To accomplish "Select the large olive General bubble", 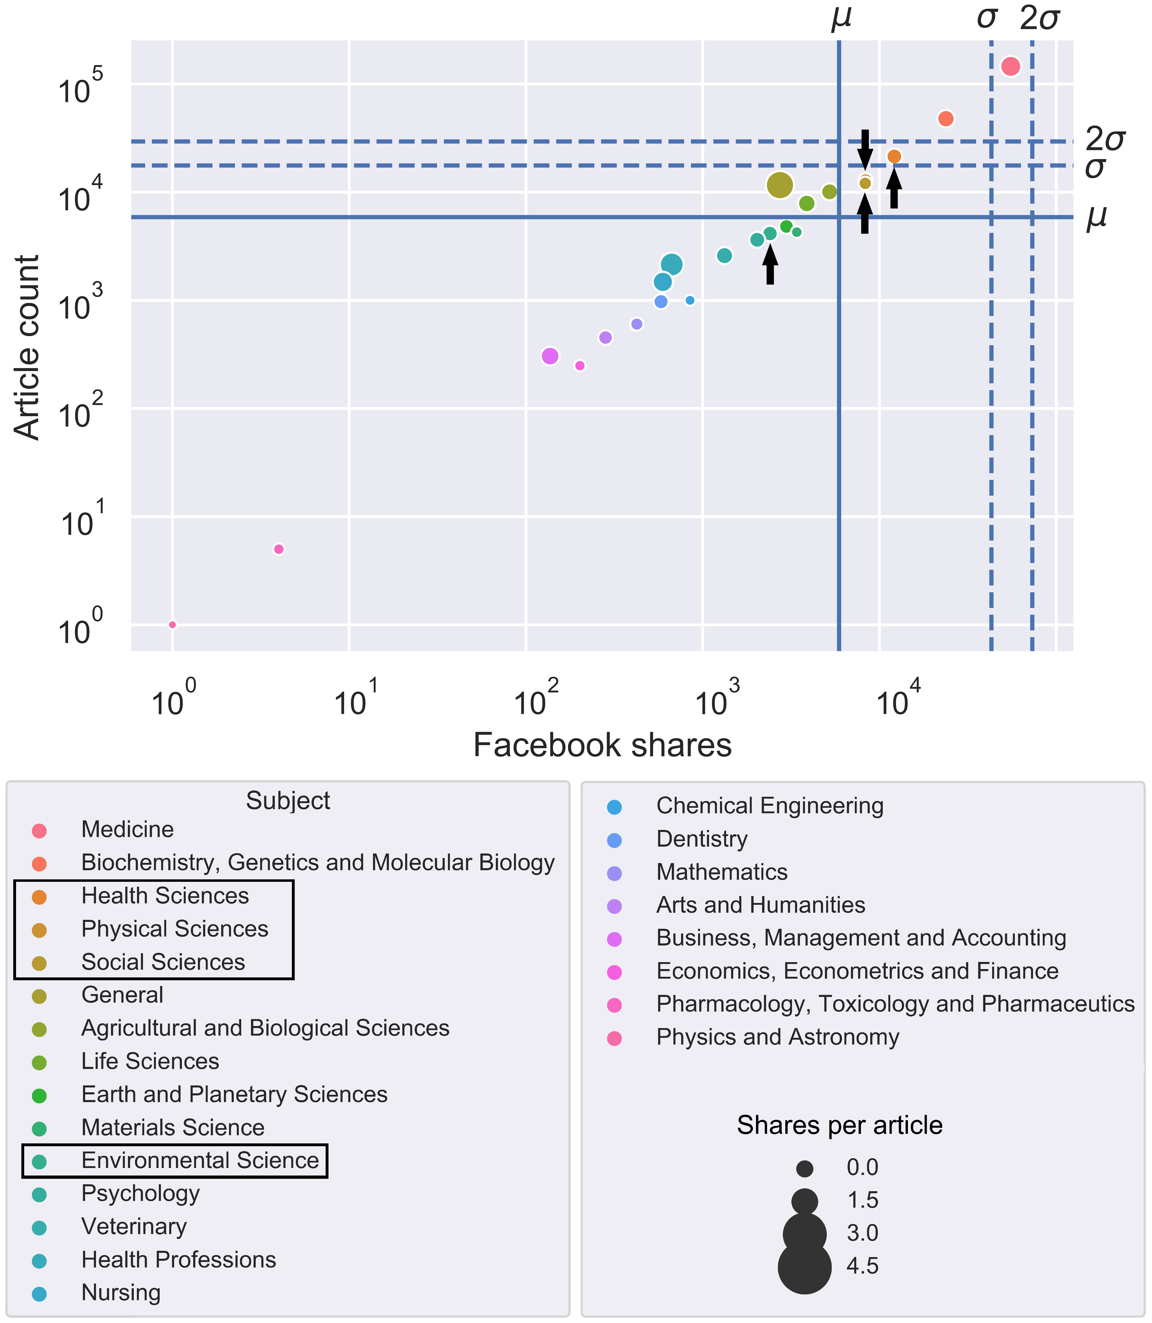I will (x=780, y=185).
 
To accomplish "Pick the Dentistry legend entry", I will (x=701, y=839).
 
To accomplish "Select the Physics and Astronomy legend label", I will (x=777, y=1037).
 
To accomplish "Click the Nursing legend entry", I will (x=121, y=1292).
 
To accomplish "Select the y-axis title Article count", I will (x=27, y=347).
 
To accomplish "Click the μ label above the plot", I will (x=841, y=18).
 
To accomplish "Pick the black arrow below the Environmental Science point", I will (x=770, y=265).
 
